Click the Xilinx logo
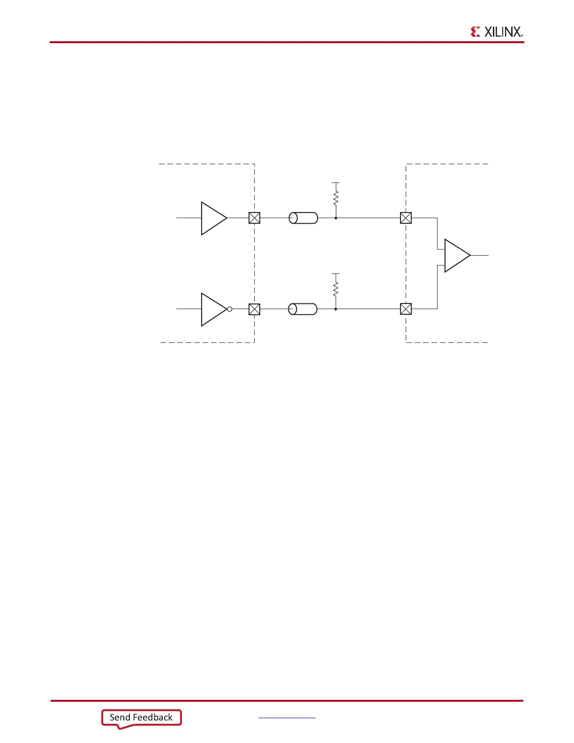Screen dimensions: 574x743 (496, 31)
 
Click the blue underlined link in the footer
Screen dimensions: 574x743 (287, 717)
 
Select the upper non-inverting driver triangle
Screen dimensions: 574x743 (212, 218)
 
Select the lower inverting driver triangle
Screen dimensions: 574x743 (212, 309)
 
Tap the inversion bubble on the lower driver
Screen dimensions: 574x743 (230, 309)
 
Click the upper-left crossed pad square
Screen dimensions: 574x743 (254, 218)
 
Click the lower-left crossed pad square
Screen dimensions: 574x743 (254, 309)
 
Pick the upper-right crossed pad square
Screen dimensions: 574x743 (406, 218)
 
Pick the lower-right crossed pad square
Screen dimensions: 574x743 (406, 309)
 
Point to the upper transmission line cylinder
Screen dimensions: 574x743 (303, 218)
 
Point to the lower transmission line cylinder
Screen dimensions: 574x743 (303, 309)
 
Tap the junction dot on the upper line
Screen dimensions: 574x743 (336, 218)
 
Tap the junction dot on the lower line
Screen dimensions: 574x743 (336, 309)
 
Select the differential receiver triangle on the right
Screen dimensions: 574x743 (456, 256)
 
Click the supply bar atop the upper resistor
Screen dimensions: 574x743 (336, 182)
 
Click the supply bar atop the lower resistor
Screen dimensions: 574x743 (336, 273)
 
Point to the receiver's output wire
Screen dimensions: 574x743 (480, 256)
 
